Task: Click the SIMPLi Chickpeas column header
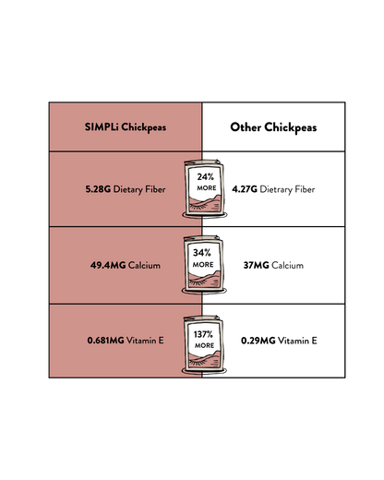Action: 126,127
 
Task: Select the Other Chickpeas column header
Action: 273,127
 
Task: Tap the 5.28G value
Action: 98,189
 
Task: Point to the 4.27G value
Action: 245,189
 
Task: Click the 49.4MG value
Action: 108,265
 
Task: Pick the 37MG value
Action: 256,265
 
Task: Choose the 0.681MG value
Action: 105,341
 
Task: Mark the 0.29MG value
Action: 258,341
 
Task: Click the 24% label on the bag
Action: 206,176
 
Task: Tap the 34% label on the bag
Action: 202,253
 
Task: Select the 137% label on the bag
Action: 203,334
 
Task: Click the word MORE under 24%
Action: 207,188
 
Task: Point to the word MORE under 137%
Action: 204,345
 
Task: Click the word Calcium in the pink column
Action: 144,265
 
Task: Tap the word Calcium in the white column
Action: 288,265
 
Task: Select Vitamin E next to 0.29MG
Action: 297,341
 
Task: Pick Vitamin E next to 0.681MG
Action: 145,341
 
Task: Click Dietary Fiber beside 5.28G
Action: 139,189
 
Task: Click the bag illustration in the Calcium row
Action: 204,265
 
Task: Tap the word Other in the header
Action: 246,127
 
